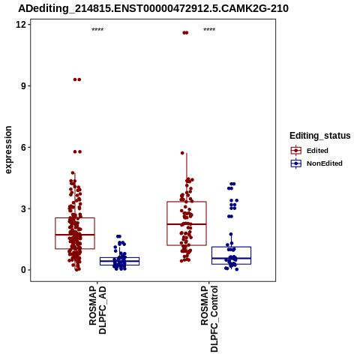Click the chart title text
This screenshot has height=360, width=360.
tap(153, 8)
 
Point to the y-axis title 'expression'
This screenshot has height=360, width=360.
tap(8, 150)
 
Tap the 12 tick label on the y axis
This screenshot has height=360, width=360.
tap(21, 25)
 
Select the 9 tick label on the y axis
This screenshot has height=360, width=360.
tap(24, 86)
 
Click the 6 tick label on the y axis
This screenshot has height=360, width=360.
tap(24, 147)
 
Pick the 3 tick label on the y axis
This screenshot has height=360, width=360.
tap(24, 208)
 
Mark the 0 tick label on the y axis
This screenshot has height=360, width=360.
tap(24, 270)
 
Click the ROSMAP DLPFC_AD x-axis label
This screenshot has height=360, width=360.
tap(97, 310)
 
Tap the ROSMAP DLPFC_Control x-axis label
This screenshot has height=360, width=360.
tap(209, 319)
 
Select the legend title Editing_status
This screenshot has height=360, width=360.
tap(320, 136)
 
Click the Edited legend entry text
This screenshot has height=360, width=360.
tap(317, 151)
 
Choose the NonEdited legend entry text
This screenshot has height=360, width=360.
tap(325, 163)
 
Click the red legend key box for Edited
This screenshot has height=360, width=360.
tap(296, 151)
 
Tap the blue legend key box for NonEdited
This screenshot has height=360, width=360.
tap(296, 163)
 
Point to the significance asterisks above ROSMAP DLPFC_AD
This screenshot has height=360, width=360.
tap(97, 30)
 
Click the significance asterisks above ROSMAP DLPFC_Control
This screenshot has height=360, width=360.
tap(209, 30)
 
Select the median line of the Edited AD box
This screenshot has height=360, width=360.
tap(75, 235)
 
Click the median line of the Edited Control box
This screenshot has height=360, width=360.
tap(187, 224)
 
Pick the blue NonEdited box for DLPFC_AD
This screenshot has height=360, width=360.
tap(120, 258)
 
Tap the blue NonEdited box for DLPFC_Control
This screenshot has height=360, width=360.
tap(232, 247)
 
